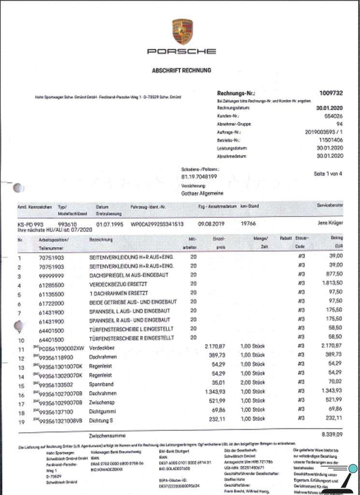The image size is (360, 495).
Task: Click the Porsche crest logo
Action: pyautogui.click(x=182, y=31)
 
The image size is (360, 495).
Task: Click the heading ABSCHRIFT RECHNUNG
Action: pyautogui.click(x=181, y=71)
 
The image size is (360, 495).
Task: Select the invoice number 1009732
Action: pyautogui.click(x=331, y=93)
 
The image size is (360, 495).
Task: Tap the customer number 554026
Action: pyautogui.click(x=333, y=116)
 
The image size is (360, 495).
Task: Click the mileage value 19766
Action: pyautogui.click(x=247, y=224)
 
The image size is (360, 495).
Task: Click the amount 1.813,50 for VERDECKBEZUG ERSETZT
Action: pyautogui.click(x=331, y=284)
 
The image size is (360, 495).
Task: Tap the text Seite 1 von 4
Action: pyautogui.click(x=328, y=173)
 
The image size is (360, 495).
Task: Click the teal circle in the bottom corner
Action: pyautogui.click(x=353, y=468)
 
